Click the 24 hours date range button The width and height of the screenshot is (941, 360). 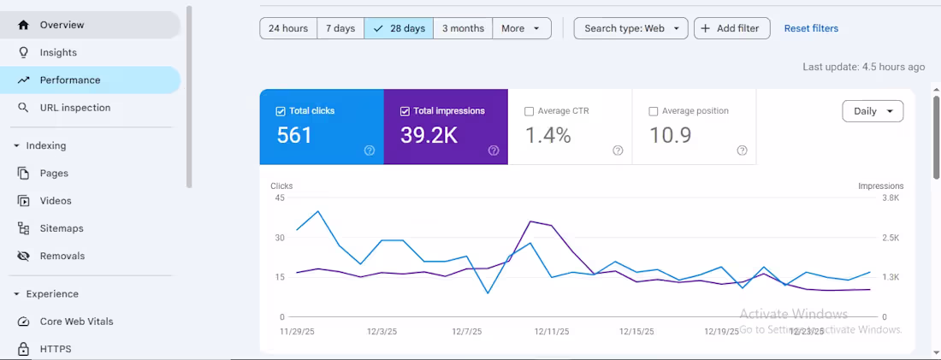(288, 28)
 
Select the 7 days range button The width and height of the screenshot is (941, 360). (340, 28)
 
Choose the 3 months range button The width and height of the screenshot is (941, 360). (463, 28)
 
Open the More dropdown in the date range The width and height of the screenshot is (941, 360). (521, 28)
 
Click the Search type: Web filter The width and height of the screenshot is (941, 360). (631, 28)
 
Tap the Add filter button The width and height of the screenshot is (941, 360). (731, 28)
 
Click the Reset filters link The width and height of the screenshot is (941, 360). (811, 28)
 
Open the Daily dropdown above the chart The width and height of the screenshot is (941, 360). (873, 111)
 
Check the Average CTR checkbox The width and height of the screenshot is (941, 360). (530, 111)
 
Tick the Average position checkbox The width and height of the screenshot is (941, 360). (654, 111)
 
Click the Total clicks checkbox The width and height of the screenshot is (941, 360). (281, 111)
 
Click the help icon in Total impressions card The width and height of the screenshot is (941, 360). (494, 150)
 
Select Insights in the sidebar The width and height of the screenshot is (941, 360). (58, 52)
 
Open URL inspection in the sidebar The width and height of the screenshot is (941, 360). (74, 108)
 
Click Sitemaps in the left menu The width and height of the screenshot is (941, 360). (62, 228)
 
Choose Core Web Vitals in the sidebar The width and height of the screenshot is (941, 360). (76, 322)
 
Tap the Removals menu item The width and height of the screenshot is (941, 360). (62, 256)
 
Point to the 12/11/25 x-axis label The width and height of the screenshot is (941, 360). (552, 331)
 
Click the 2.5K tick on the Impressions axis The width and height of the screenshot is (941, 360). (891, 238)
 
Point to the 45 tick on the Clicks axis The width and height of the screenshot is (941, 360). (279, 198)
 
